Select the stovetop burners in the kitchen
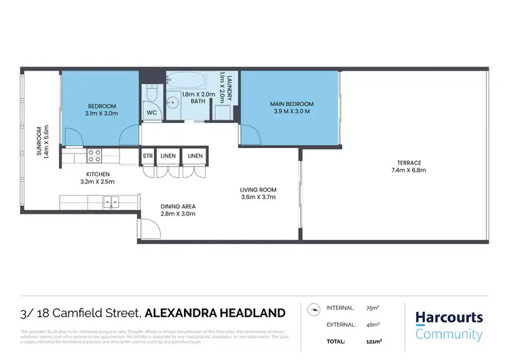[94, 157]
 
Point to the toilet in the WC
[152, 93]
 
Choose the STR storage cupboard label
[147, 156]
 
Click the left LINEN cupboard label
[168, 156]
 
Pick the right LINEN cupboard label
[195, 156]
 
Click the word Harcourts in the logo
[449, 318]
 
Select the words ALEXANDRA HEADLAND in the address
[215, 313]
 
